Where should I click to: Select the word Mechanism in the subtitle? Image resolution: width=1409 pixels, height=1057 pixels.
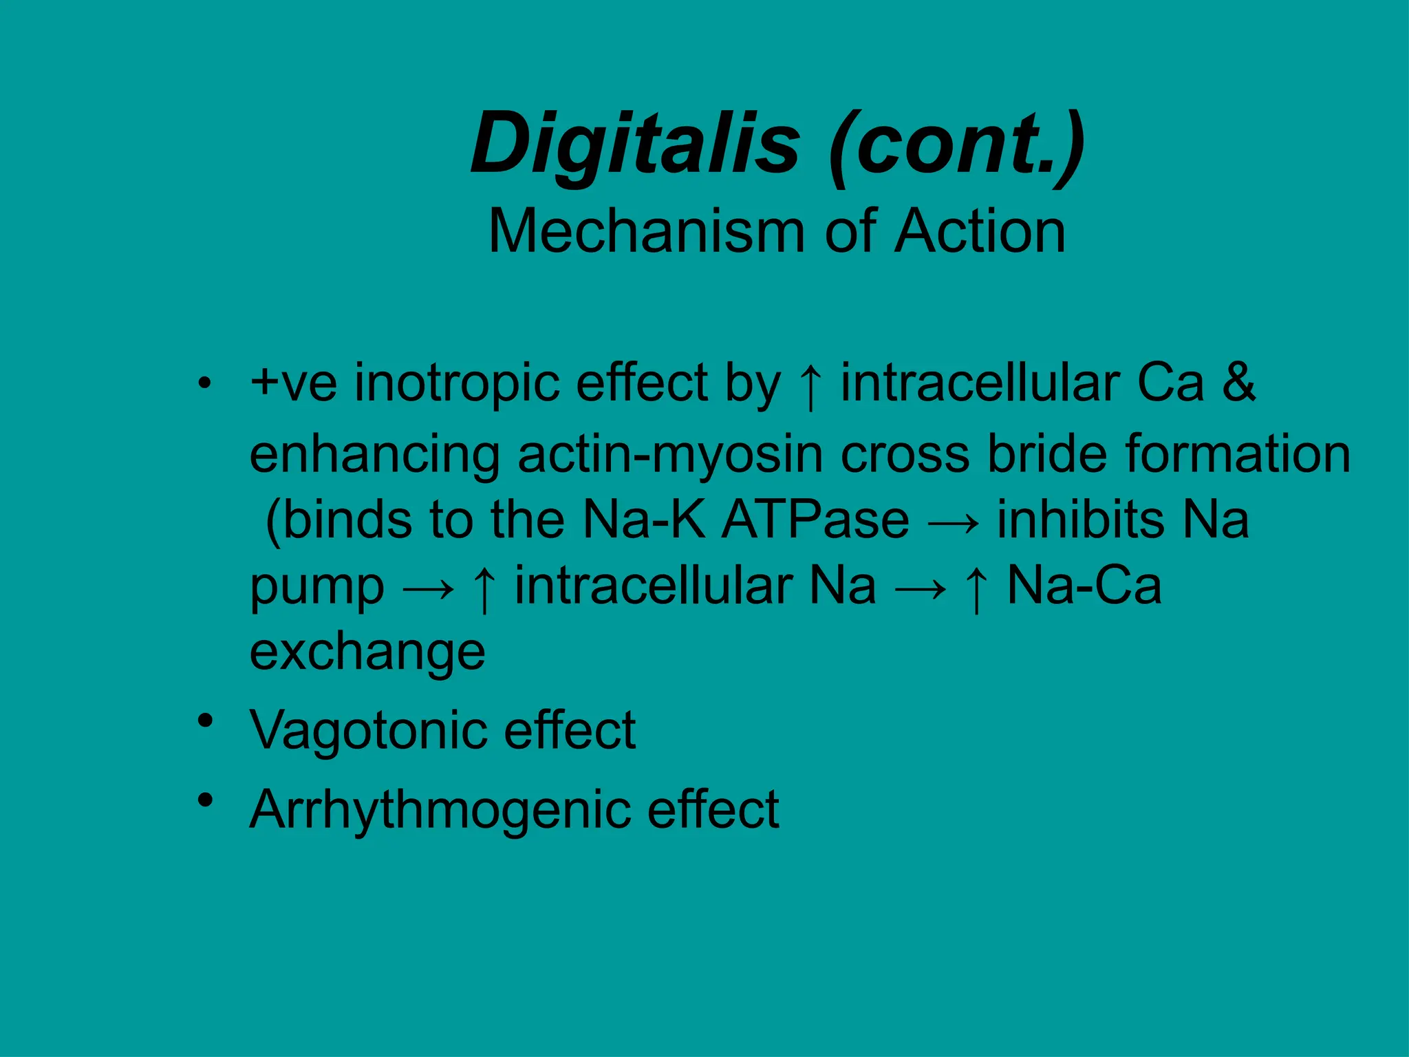click(x=646, y=232)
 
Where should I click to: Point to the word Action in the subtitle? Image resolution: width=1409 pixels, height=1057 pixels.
click(x=980, y=232)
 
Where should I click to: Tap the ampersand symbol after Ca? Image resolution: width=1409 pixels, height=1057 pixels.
click(x=1238, y=383)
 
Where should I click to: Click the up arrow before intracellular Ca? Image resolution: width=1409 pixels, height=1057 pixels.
click(x=811, y=387)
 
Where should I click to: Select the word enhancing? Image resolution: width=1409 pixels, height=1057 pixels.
click(x=375, y=456)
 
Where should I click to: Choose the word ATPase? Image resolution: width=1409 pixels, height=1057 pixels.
click(x=815, y=520)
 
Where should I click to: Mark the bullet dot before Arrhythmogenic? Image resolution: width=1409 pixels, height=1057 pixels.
click(x=204, y=800)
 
